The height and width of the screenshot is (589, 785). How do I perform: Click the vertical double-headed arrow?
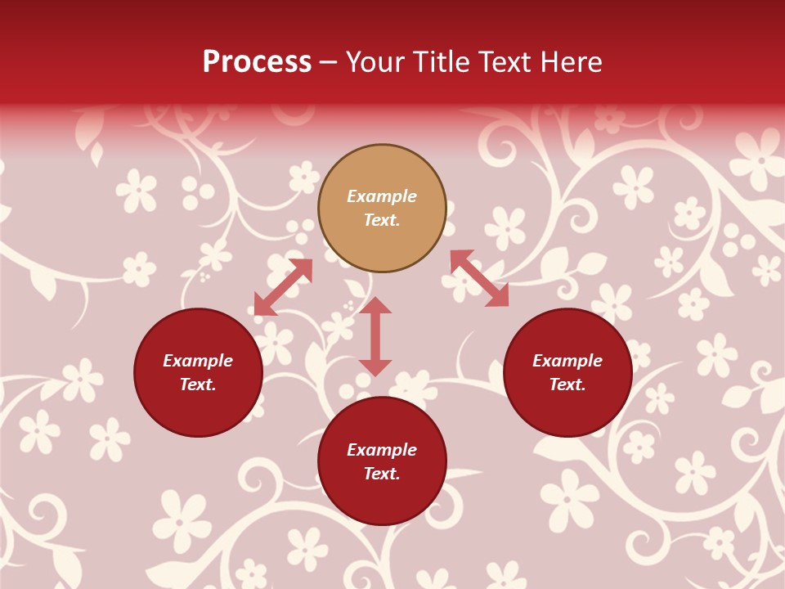point(375,336)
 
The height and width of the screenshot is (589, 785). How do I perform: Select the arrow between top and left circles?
point(284,286)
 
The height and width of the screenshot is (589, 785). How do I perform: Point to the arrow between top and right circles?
point(479,278)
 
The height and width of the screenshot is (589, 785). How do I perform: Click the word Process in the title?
point(257,61)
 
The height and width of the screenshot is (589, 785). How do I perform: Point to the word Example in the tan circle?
point(382,196)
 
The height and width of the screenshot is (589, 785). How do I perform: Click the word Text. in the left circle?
point(198,384)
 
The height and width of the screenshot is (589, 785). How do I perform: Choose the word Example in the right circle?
point(567,361)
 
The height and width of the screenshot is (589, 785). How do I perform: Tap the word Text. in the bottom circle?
point(382,474)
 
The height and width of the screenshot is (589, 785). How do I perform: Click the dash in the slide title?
point(329,62)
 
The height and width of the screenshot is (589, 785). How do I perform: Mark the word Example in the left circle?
point(198,361)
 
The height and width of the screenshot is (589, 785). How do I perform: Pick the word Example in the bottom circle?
point(382,450)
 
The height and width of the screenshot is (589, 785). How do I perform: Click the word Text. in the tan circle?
point(382,220)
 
